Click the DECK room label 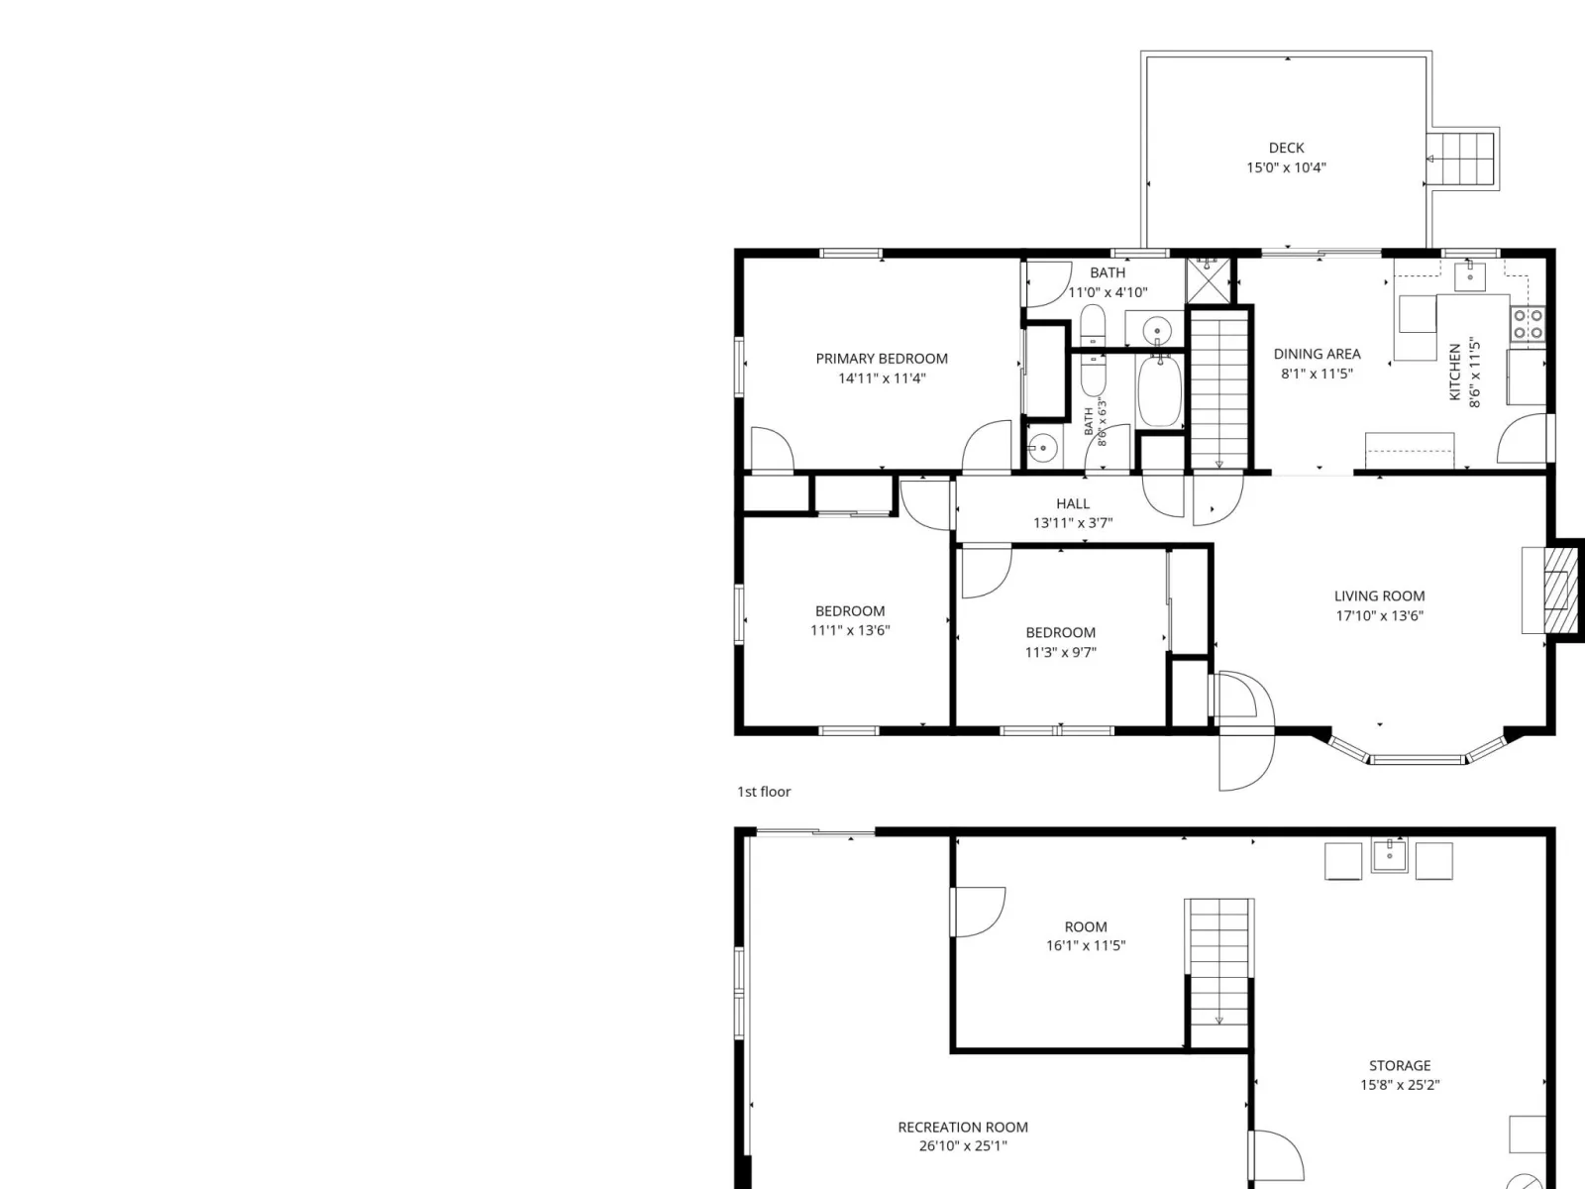click(x=1286, y=148)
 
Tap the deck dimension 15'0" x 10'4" click(x=1286, y=167)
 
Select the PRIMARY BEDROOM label click(x=882, y=359)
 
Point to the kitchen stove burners click(x=1528, y=324)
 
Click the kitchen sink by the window click(x=1469, y=275)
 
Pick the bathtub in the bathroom click(x=1160, y=390)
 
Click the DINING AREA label click(x=1318, y=355)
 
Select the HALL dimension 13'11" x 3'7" click(x=1073, y=523)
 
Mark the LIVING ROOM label click(x=1379, y=596)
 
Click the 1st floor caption click(x=764, y=792)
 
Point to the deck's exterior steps click(x=1460, y=159)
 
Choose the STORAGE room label click(x=1400, y=1065)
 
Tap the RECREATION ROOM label click(x=963, y=1127)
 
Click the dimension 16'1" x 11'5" click(x=1086, y=945)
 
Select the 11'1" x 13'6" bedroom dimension click(x=850, y=630)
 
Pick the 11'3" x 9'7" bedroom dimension click(x=1061, y=653)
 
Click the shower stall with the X click(x=1208, y=280)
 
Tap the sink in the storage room click(x=1389, y=856)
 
